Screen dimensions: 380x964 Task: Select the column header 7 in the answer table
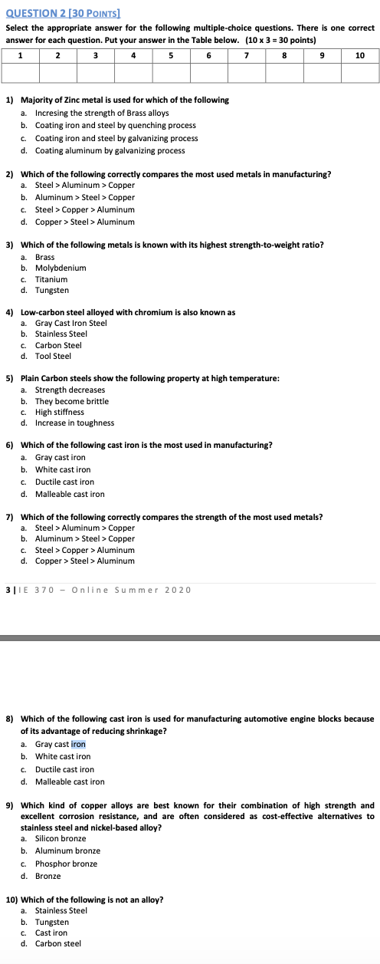(x=247, y=55)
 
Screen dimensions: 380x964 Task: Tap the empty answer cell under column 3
(x=96, y=72)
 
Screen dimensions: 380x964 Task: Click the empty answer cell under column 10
(x=360, y=72)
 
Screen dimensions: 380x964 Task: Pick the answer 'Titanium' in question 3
(x=51, y=279)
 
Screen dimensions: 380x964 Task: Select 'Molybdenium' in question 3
(x=61, y=268)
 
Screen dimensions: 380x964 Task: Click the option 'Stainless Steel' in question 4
(x=61, y=334)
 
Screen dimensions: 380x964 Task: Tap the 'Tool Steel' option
(x=53, y=356)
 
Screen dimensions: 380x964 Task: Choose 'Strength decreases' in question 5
(x=70, y=390)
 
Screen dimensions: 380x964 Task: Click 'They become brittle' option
(x=72, y=401)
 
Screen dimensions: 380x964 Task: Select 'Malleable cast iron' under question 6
(x=70, y=494)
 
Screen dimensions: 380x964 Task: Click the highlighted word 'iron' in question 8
(x=78, y=744)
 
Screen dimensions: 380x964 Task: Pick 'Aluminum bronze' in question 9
(x=67, y=850)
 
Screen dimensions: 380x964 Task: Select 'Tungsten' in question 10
(x=52, y=922)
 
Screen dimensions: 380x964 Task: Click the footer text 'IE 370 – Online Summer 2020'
(x=103, y=589)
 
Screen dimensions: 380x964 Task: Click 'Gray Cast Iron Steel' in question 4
(x=70, y=323)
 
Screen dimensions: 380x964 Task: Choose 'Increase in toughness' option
(x=74, y=423)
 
